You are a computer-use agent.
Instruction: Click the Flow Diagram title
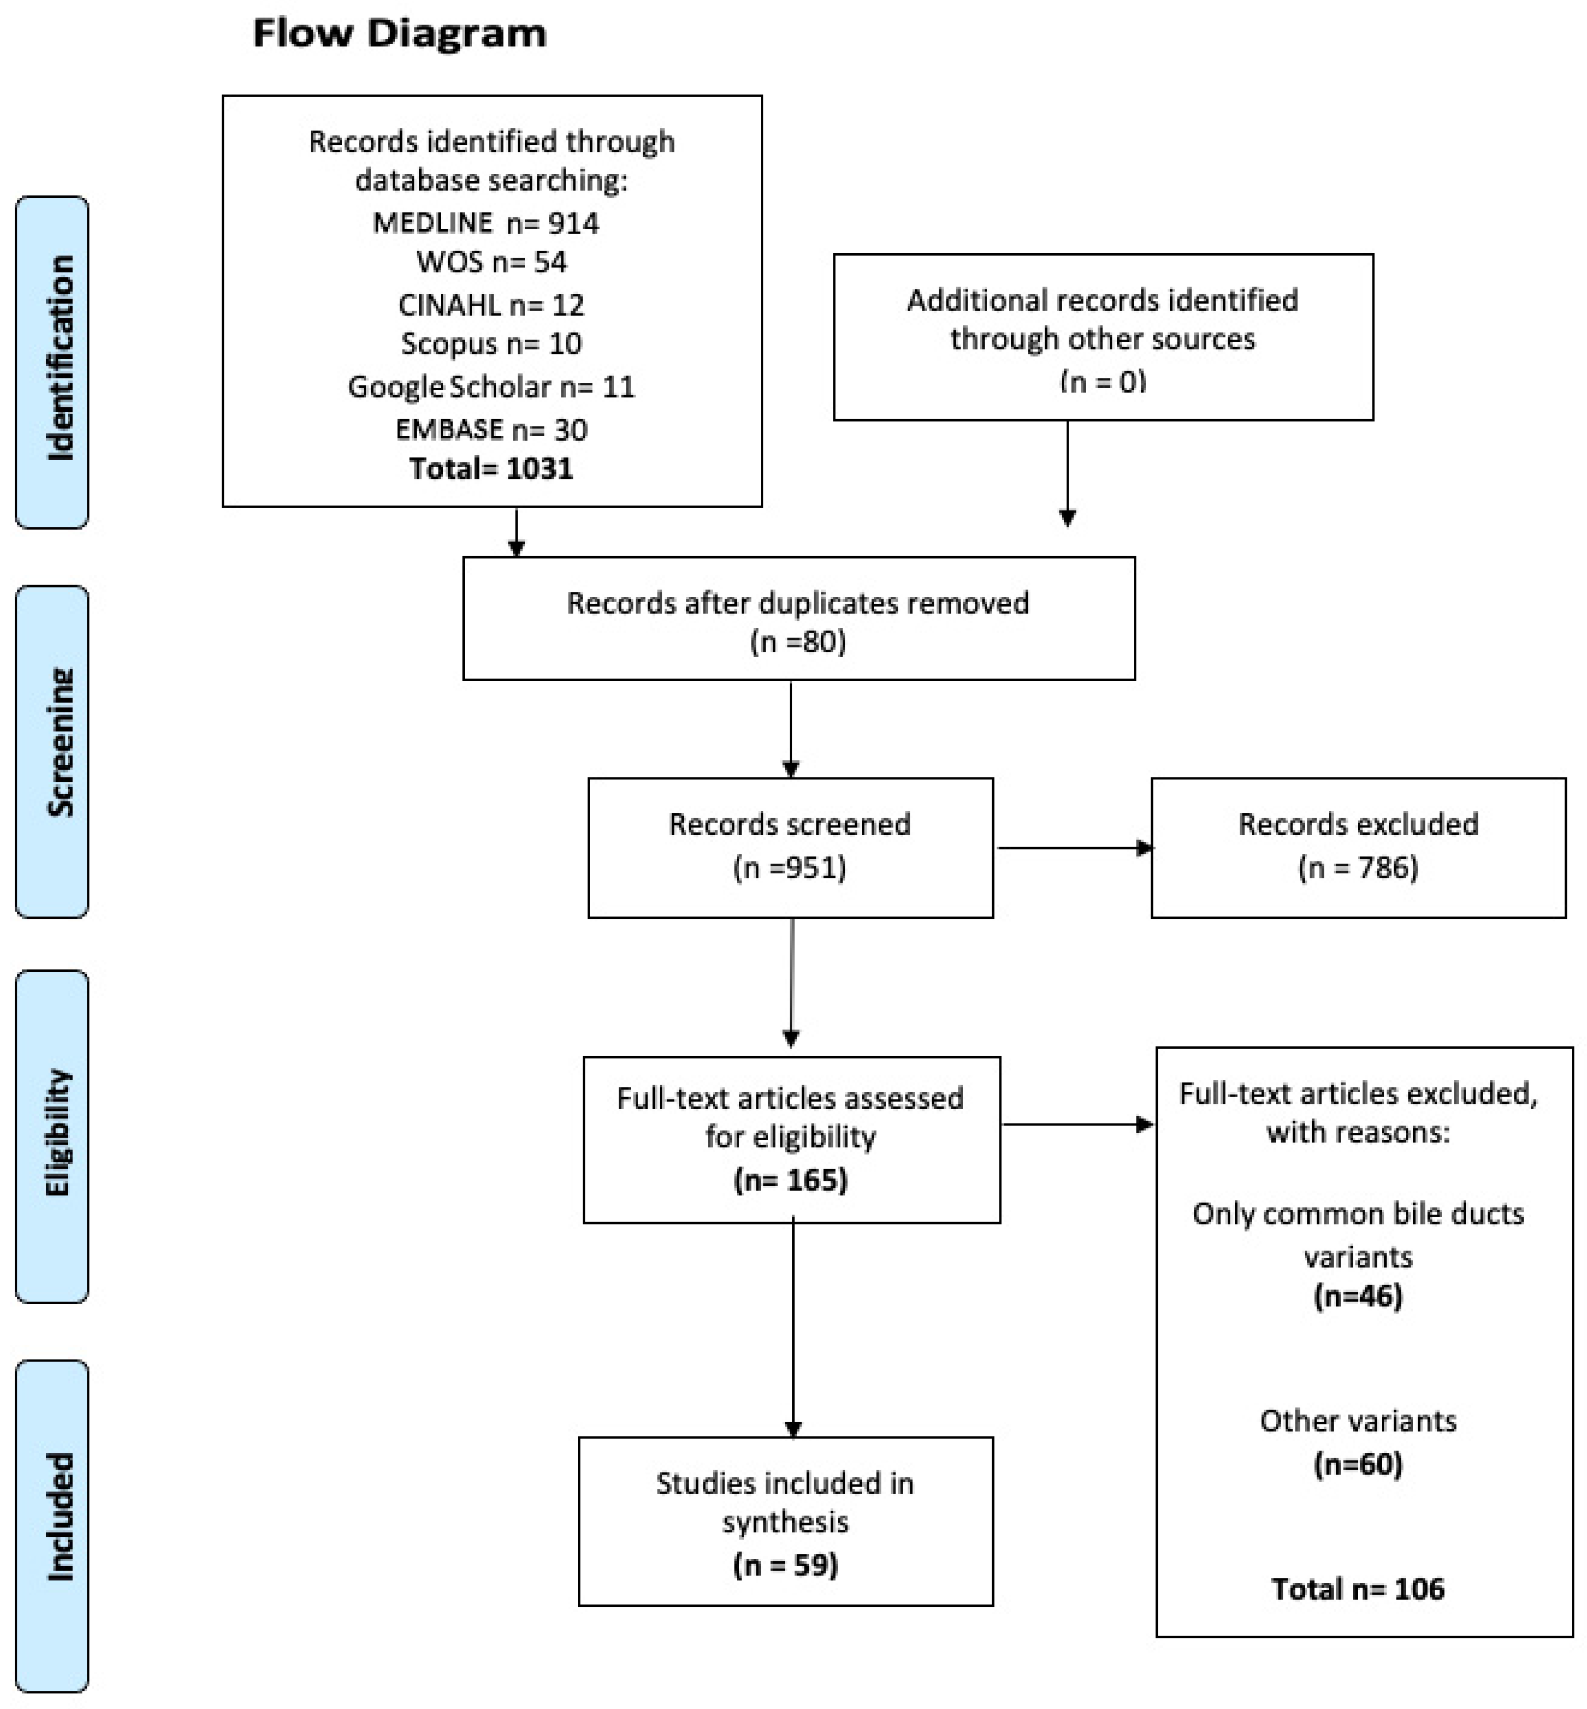point(399,33)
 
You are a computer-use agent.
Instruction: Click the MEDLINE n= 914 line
point(486,223)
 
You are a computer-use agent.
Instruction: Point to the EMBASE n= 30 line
point(491,429)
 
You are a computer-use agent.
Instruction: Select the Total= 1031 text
point(491,468)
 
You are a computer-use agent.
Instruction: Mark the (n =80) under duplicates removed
point(798,641)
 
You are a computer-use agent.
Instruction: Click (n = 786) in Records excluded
point(1358,867)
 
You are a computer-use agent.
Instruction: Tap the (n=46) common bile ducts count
point(1358,1296)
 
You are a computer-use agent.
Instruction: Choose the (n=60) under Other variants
point(1358,1464)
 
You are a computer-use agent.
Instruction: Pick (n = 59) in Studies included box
point(785,1565)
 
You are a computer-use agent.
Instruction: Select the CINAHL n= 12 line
point(491,305)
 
